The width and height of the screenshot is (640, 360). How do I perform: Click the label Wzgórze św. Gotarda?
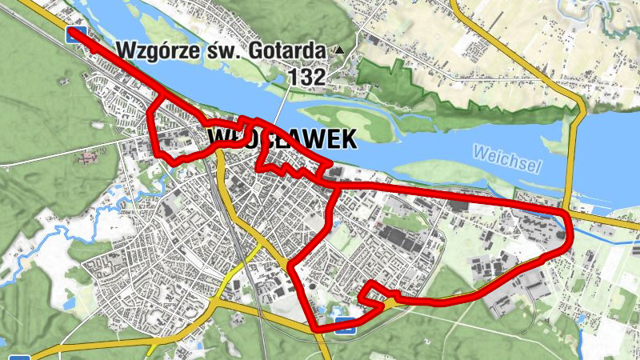click(221, 50)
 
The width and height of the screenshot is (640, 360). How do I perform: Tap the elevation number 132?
click(308, 77)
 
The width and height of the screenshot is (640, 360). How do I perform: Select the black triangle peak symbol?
click(339, 50)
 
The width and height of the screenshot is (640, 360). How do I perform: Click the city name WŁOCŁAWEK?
click(282, 140)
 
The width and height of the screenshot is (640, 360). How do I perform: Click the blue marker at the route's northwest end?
click(76, 34)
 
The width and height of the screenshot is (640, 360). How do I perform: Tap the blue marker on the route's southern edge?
click(346, 324)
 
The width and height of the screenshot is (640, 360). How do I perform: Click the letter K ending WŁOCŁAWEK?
click(346, 140)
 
